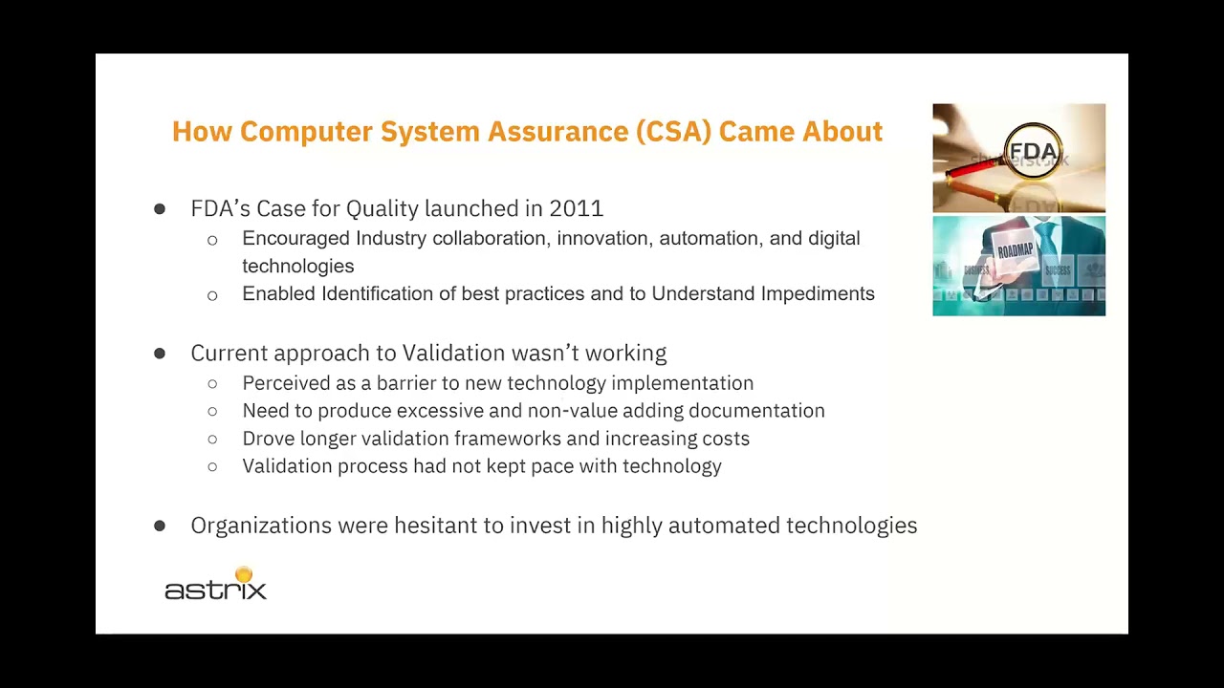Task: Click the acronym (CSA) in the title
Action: tap(673, 132)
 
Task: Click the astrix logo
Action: tap(215, 585)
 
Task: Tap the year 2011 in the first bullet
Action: tap(576, 208)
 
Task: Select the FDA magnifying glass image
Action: tap(1018, 158)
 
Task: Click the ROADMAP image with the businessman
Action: tap(1018, 266)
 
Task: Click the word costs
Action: tap(725, 438)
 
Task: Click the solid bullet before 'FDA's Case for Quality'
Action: tap(159, 208)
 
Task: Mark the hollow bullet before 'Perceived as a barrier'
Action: tap(212, 383)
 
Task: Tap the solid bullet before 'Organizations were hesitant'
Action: tap(159, 526)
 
